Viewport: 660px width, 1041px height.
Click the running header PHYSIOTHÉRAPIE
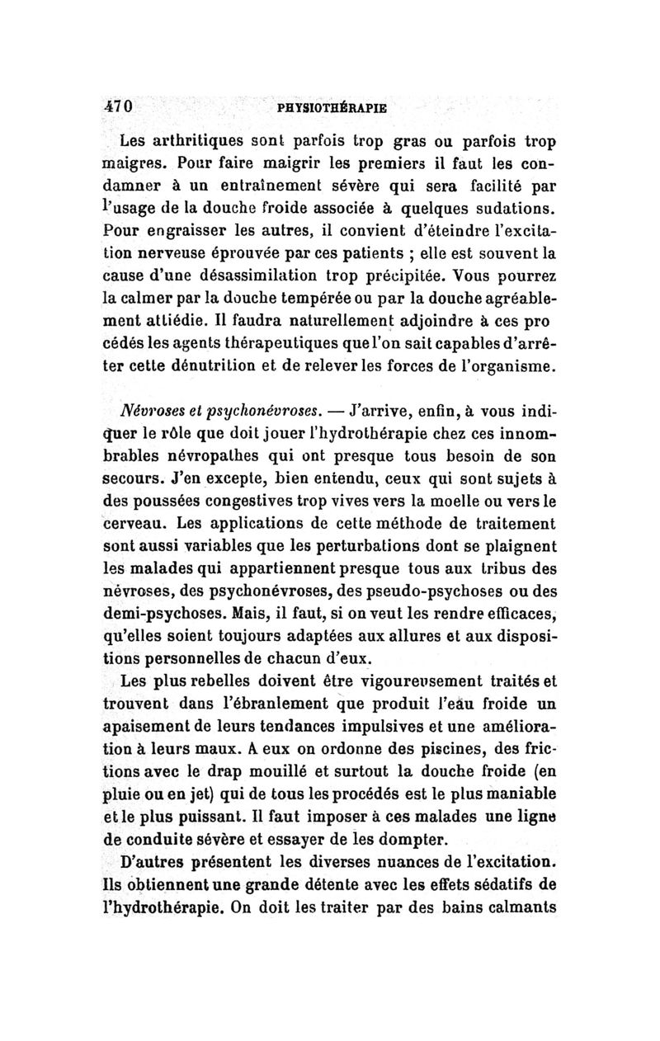pos(332,107)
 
